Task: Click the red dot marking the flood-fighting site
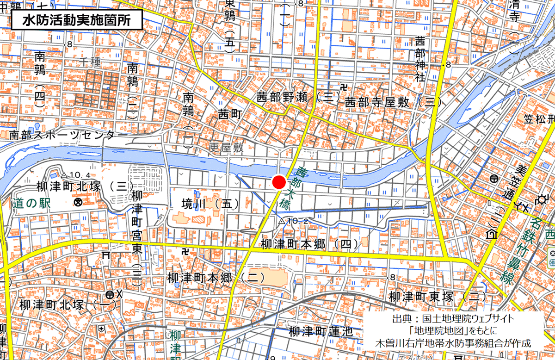(278, 182)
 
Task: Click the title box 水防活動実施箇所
(76, 20)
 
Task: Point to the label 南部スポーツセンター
(68, 135)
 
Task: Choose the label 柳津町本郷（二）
(216, 277)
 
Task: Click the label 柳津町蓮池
(321, 331)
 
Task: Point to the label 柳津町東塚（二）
(438, 296)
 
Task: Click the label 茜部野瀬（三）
(299, 98)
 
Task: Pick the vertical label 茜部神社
(420, 59)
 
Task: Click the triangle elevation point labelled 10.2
(282, 221)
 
